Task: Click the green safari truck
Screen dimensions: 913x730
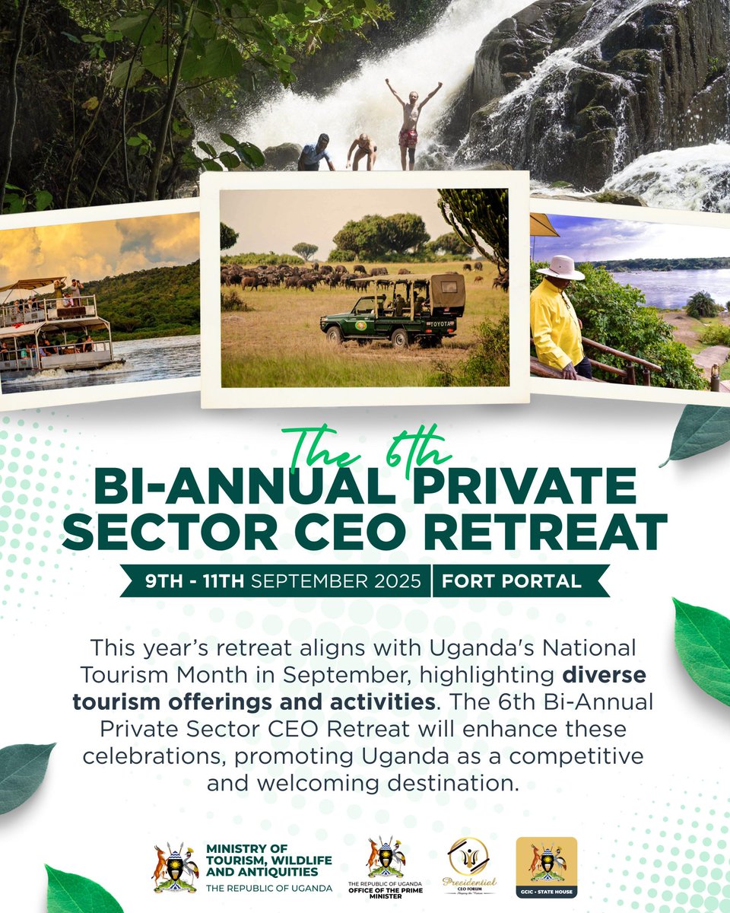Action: (x=392, y=312)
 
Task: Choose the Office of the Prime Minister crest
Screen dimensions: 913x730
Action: (x=386, y=857)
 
